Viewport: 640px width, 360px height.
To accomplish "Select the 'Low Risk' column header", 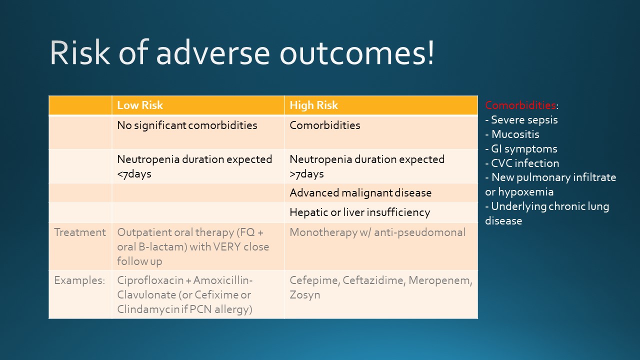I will pyautogui.click(x=140, y=105).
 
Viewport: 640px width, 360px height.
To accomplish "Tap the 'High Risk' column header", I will pyautogui.click(x=313, y=105).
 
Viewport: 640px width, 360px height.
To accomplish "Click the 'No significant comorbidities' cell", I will pyautogui.click(x=187, y=125).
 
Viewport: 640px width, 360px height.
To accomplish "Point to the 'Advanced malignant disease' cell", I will pyautogui.click(x=360, y=193).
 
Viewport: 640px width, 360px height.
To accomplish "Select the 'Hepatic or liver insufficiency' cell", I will pyautogui.click(x=359, y=212).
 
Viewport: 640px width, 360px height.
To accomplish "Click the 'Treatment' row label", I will pyautogui.click(x=80, y=232).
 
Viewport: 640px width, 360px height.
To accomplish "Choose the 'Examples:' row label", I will pyautogui.click(x=79, y=280).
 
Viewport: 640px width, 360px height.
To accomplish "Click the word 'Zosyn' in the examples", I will pyautogui.click(x=304, y=295).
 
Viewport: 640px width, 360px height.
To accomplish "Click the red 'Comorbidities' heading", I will pyautogui.click(x=520, y=105).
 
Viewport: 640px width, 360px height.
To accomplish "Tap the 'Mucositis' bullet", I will pyautogui.click(x=515, y=134).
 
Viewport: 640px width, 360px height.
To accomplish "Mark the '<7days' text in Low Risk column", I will pyautogui.click(x=134, y=174).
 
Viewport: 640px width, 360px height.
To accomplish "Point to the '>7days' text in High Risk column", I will pyautogui.click(x=306, y=174).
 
